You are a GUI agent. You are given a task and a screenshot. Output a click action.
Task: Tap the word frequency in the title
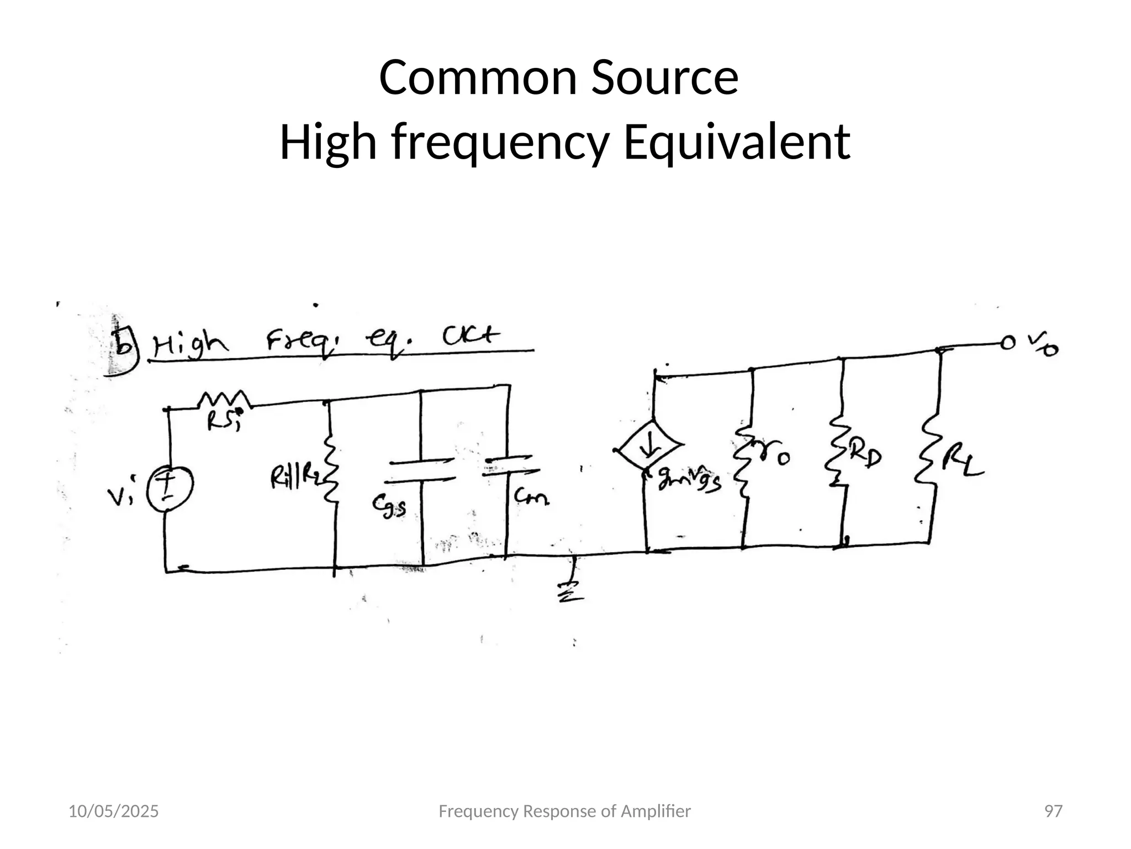point(500,143)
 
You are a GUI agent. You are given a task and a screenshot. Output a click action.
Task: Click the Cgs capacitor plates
point(422,469)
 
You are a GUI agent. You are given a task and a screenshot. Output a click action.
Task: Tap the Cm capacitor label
point(531,498)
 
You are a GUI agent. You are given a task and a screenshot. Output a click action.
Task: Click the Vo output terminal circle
point(1008,343)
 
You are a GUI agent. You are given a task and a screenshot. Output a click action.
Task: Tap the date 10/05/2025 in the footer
point(113,811)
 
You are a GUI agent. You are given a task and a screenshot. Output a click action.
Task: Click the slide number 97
point(1053,811)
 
